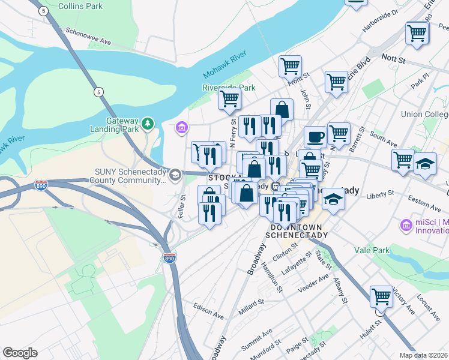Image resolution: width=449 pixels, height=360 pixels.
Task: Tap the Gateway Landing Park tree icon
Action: pyautogui.click(x=148, y=124)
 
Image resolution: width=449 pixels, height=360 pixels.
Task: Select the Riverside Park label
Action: pyautogui.click(x=229, y=88)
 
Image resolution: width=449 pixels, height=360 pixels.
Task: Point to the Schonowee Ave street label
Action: pyautogui.click(x=89, y=37)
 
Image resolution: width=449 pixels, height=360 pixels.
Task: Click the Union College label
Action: pyautogui.click(x=424, y=114)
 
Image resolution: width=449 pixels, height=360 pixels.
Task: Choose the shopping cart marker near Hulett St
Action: pyautogui.click(x=381, y=296)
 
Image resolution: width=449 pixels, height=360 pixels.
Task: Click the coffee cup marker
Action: pyautogui.click(x=315, y=137)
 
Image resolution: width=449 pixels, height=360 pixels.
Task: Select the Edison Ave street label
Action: pyautogui.click(x=208, y=310)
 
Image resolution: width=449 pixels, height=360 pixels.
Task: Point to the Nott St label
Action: pyautogui.click(x=394, y=60)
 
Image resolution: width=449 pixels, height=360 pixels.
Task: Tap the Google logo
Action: pyautogui.click(x=20, y=353)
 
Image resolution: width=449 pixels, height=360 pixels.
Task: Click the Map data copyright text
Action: pyautogui.click(x=424, y=355)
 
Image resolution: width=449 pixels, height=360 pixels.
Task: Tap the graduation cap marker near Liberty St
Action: pyautogui.click(x=334, y=199)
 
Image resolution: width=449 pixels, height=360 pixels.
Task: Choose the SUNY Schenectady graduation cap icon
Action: pyautogui.click(x=175, y=175)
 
